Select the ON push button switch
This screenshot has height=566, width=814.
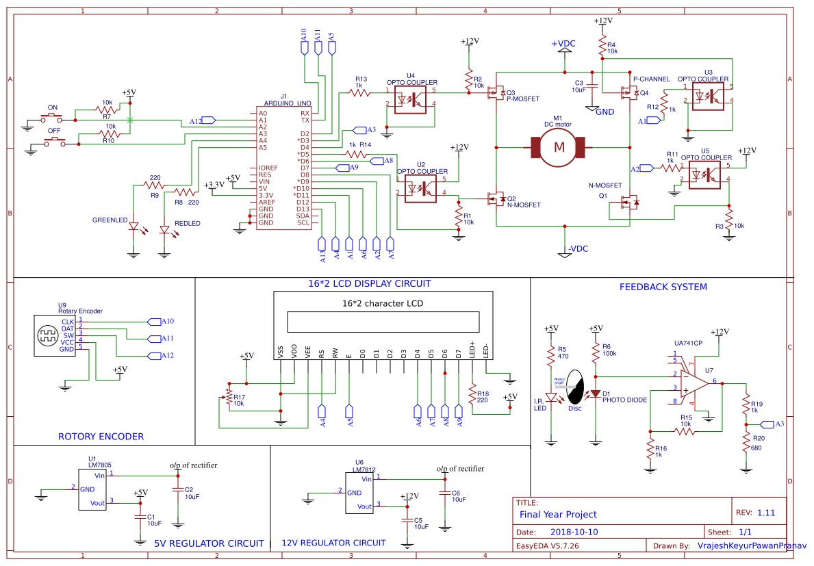[52, 116]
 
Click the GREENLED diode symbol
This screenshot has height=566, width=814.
[134, 227]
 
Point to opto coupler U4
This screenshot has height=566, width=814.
[410, 99]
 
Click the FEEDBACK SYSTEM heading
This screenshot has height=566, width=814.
[663, 287]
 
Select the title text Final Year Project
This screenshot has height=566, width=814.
[558, 514]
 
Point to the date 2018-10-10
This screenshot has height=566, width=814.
[574, 532]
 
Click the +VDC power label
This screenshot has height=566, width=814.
[563, 44]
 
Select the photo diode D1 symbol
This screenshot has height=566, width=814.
[596, 394]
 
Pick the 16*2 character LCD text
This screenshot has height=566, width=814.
[382, 303]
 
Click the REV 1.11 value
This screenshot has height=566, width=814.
[766, 513]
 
